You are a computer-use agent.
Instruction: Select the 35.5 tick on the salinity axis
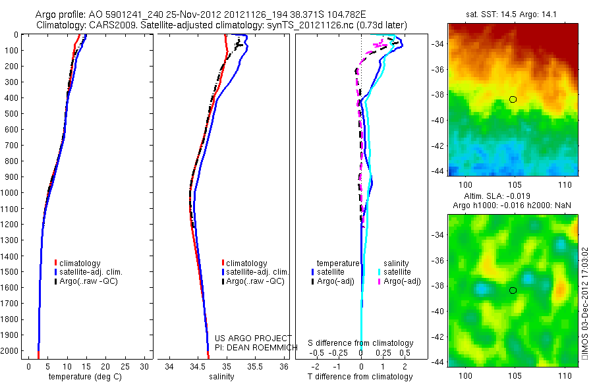[x=255, y=366]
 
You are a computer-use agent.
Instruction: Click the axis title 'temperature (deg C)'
[x=83, y=377]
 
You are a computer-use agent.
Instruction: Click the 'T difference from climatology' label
[x=361, y=377]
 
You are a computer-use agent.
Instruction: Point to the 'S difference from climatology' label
[x=361, y=343]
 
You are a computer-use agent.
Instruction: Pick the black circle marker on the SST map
[x=513, y=99]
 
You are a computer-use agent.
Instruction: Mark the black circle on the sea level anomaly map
[x=513, y=290]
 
